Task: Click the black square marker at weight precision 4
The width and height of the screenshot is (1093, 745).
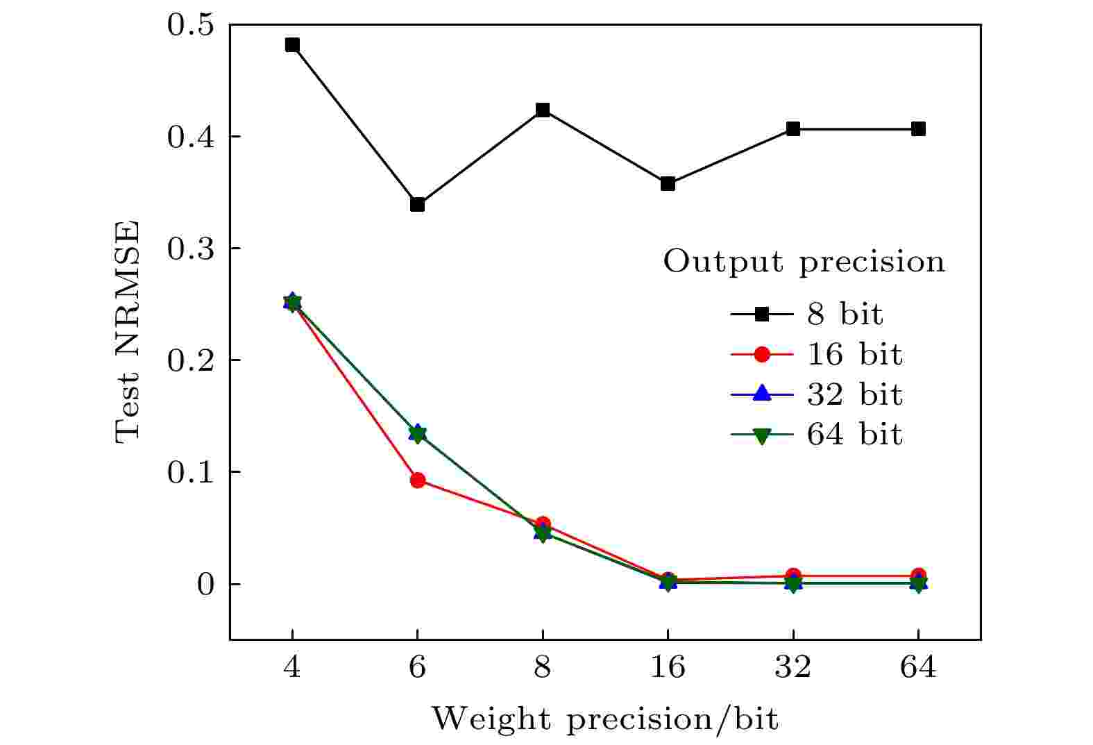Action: tap(292, 45)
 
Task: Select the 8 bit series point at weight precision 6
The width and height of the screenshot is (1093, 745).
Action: tap(417, 204)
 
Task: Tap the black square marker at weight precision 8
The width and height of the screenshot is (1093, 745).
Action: tap(543, 110)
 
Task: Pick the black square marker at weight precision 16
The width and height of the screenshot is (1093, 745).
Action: tap(668, 183)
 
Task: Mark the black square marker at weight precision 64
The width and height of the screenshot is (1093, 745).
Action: tap(918, 128)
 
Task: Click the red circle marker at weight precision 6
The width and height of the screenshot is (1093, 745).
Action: tap(417, 480)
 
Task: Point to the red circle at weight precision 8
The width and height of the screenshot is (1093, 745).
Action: tap(543, 524)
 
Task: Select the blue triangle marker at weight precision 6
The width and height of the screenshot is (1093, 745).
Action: tap(417, 431)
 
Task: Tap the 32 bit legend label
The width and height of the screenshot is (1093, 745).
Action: tap(854, 395)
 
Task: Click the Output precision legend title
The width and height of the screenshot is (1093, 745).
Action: tap(804, 262)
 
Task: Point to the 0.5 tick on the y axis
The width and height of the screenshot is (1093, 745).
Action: tap(189, 26)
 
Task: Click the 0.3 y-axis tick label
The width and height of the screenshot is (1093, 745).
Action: tap(189, 249)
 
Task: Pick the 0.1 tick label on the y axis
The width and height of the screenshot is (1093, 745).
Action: tap(189, 472)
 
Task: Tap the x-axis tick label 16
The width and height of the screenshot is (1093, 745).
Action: tap(668, 668)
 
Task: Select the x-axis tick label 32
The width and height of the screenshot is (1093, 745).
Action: tap(793, 668)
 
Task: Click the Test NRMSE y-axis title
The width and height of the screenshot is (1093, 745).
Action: tap(128, 332)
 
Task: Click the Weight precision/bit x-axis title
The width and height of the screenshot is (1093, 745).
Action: tap(604, 719)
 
